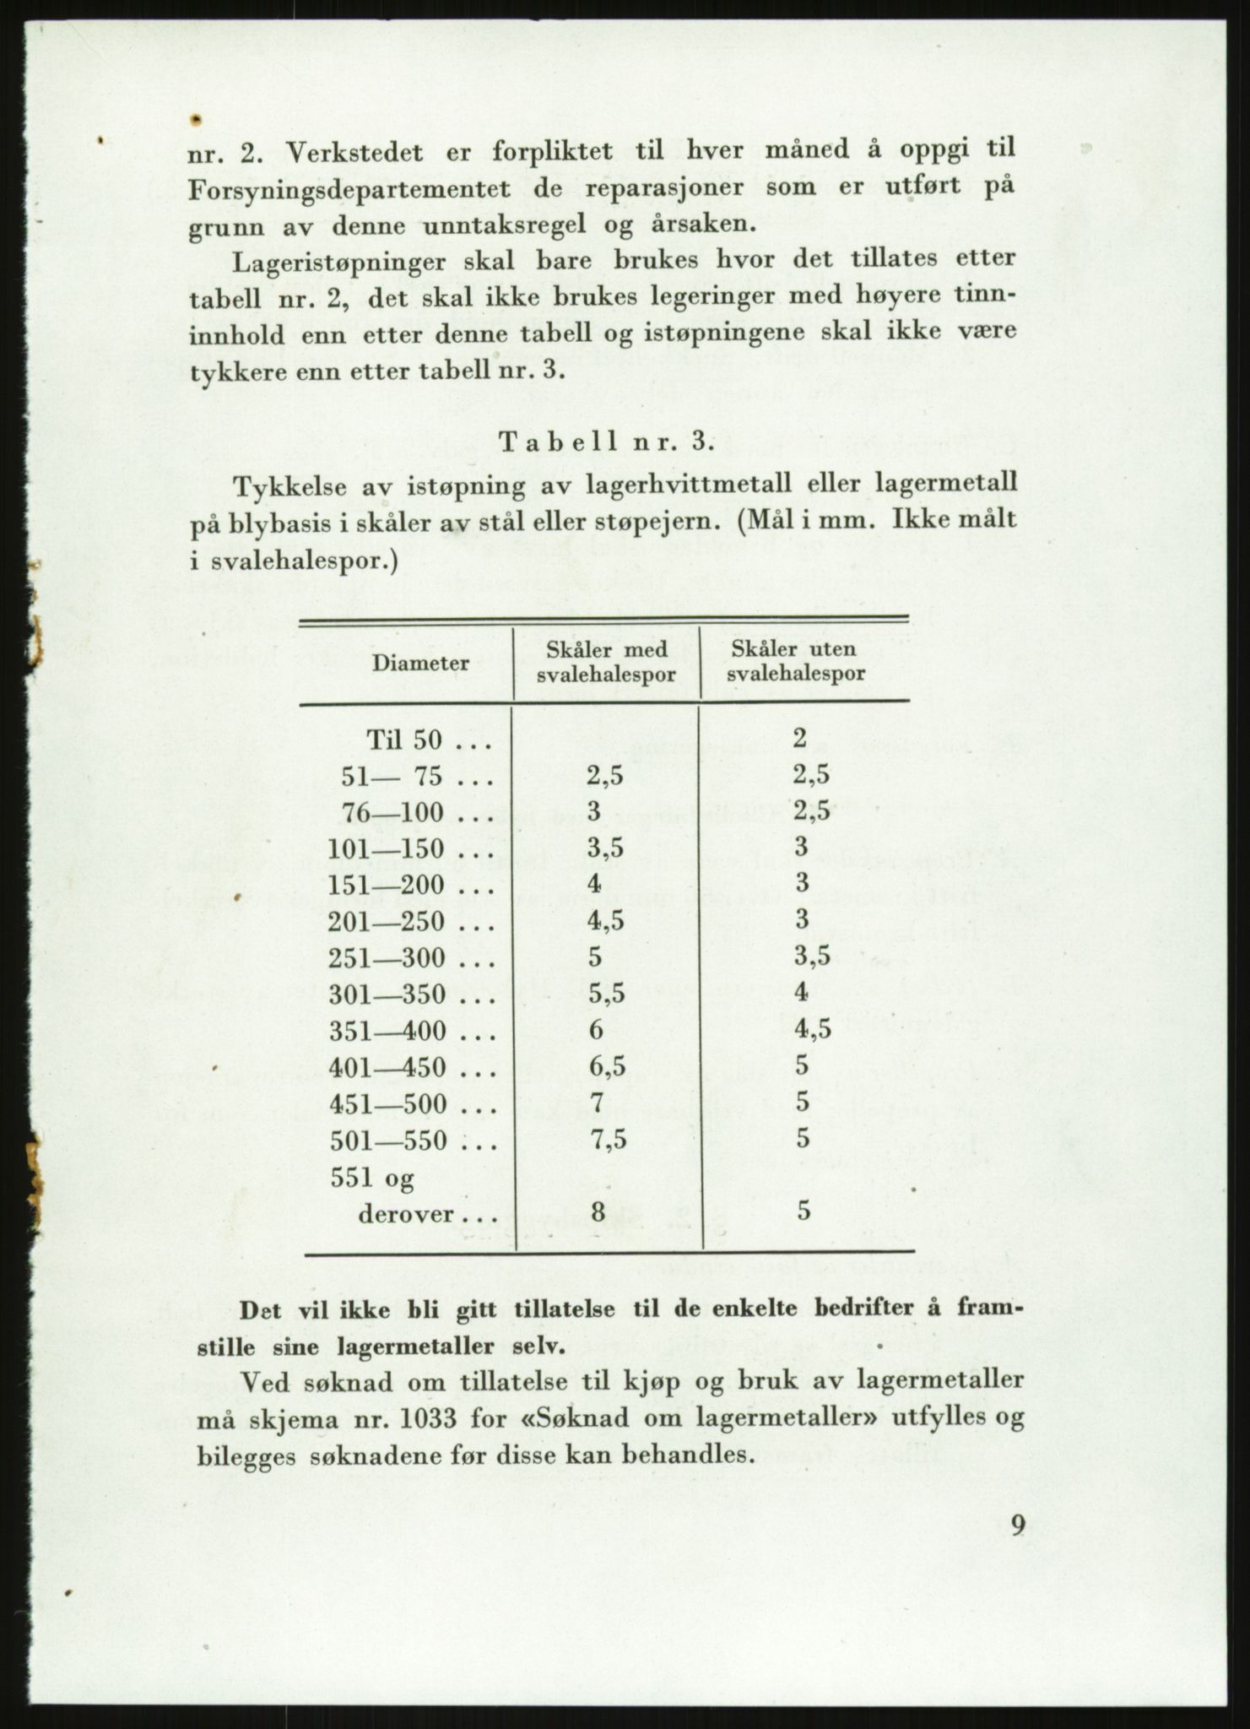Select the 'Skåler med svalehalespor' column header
(x=607, y=662)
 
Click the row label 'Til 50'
(x=404, y=740)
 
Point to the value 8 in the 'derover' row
(x=598, y=1213)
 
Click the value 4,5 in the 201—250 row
(x=605, y=922)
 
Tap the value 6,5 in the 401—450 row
(x=606, y=1067)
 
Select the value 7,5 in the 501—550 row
(x=607, y=1141)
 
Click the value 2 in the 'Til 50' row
(x=800, y=739)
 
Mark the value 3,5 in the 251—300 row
(x=812, y=957)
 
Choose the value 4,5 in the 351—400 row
(x=812, y=1031)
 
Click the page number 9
(x=1018, y=1525)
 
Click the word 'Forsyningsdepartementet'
(x=349, y=190)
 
